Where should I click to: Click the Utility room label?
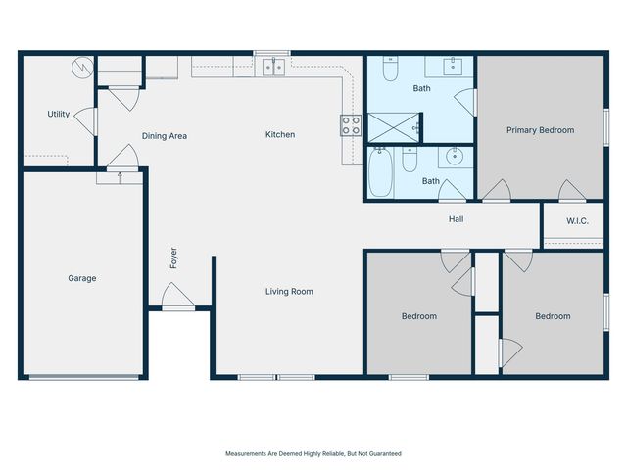[x=59, y=114]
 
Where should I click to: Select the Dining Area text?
[x=165, y=136]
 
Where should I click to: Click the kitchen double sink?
[x=271, y=66]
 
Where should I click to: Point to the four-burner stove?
[x=350, y=124]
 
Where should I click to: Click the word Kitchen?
[x=280, y=135]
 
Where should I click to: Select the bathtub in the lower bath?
[x=381, y=173]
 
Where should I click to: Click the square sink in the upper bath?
[x=454, y=66]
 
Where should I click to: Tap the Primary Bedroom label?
[x=540, y=130]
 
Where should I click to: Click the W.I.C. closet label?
[x=578, y=220]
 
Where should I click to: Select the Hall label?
[x=456, y=219]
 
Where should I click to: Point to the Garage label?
[x=82, y=278]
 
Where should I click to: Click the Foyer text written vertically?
[x=173, y=258]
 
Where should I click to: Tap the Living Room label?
[x=289, y=291]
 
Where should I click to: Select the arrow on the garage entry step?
[x=120, y=176]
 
